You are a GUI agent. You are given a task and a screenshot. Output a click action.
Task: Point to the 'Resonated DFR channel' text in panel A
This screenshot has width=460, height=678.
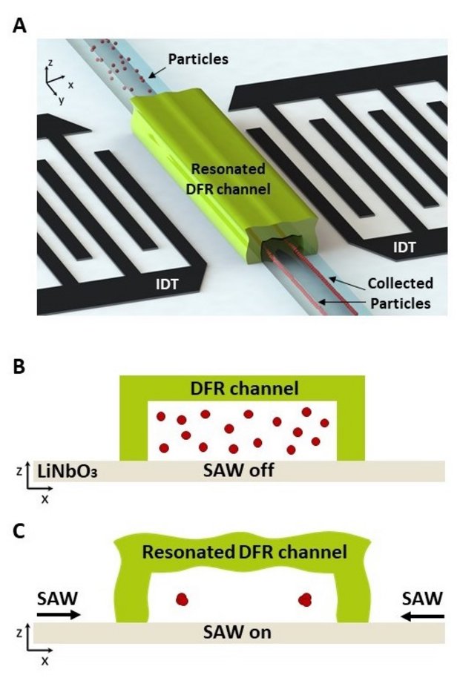click(x=229, y=179)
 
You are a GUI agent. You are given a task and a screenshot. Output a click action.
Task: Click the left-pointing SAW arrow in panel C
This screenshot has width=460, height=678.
click(x=424, y=615)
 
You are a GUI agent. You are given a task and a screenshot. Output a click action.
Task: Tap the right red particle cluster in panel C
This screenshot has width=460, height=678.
click(x=304, y=599)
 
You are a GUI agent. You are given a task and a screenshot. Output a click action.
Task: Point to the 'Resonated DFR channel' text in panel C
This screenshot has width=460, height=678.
click(x=244, y=552)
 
